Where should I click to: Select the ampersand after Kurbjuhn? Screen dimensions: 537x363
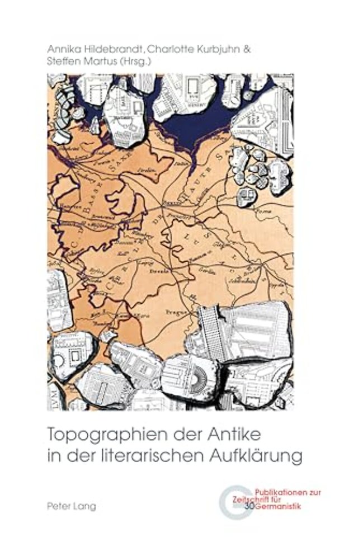247,49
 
